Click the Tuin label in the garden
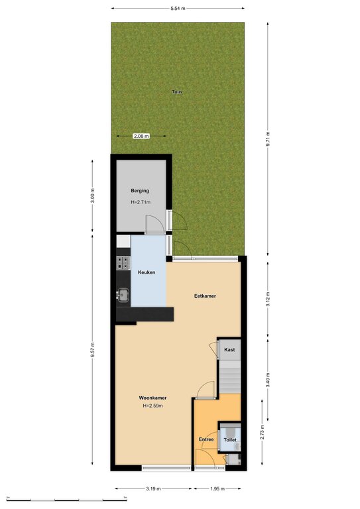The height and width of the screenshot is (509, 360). point(176,92)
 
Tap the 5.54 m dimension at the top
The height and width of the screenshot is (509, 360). point(178,9)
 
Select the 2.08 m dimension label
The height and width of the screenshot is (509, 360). point(141,136)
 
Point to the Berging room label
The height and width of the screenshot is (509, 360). point(140,191)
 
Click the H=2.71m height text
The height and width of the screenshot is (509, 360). point(141,202)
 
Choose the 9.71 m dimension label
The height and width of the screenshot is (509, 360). point(268,139)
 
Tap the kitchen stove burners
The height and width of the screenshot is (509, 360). point(123,263)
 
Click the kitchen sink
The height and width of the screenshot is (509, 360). point(123,295)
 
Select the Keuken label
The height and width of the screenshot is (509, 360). point(147,272)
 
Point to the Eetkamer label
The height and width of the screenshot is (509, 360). point(205,296)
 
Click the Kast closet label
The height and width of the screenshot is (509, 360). point(229,350)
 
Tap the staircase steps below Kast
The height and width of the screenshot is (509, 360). point(230,377)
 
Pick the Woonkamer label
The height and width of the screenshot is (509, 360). point(152,398)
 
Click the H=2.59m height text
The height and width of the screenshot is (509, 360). point(152,406)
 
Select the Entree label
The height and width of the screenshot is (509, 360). point(206,439)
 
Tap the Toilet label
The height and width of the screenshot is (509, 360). point(230,439)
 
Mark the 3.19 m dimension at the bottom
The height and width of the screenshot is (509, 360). point(153,488)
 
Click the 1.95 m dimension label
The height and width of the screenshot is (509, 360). point(217,488)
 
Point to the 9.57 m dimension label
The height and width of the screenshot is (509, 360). point(93,350)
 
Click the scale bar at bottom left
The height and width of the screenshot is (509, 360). point(67,499)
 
